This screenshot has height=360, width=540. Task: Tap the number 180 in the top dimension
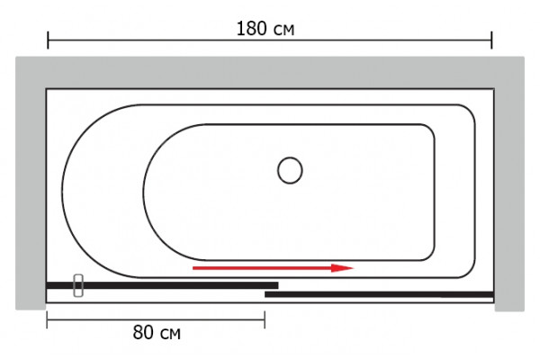(251, 28)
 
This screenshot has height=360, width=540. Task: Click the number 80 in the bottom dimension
(142, 332)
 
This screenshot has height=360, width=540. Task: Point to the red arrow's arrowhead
(343, 267)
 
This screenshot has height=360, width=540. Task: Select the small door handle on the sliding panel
(78, 285)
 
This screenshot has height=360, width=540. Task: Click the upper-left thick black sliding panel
(162, 285)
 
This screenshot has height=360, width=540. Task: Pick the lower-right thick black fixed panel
(379, 294)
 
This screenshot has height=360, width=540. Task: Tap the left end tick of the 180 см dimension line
(48, 40)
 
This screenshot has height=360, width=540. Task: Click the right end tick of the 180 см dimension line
(491, 40)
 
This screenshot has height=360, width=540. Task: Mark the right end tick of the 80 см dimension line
(265, 319)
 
